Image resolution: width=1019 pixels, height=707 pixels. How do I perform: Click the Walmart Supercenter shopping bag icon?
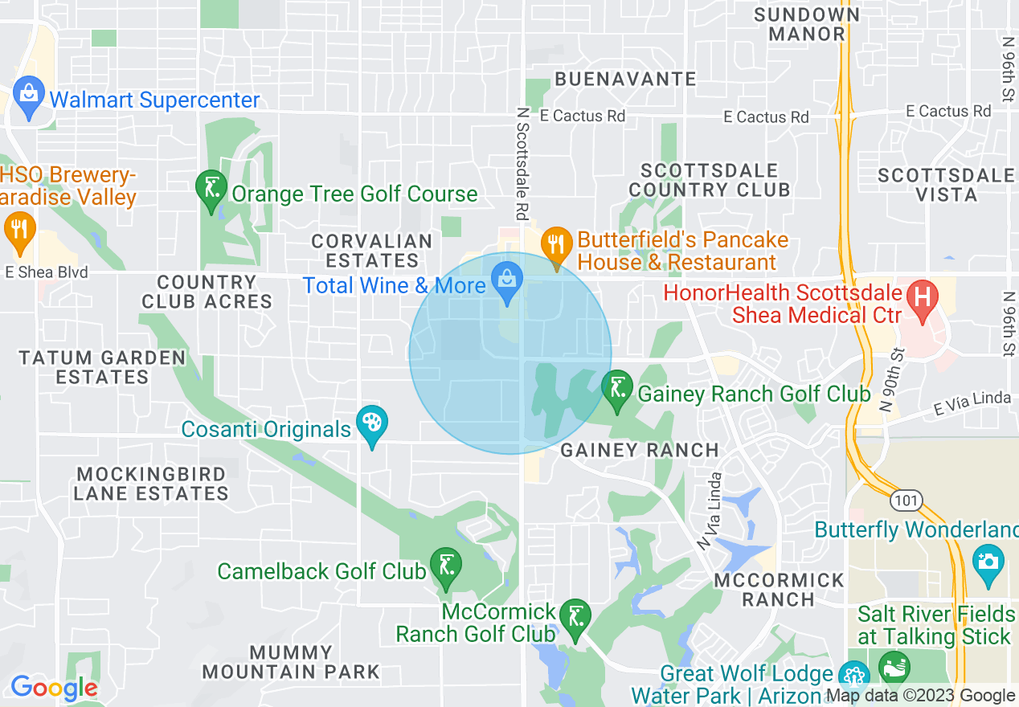click(28, 96)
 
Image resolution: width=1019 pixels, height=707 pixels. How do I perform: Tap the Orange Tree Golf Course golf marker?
click(211, 190)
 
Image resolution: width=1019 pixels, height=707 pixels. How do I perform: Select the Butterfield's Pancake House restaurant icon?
click(555, 243)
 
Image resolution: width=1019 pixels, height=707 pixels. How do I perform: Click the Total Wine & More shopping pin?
click(507, 281)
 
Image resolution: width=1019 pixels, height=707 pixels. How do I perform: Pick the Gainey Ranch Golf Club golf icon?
click(617, 390)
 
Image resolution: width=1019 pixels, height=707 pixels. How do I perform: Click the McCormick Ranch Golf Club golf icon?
click(575, 618)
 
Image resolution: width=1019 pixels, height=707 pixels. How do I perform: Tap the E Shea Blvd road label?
click(47, 272)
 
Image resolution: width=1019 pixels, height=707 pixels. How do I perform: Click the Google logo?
click(54, 688)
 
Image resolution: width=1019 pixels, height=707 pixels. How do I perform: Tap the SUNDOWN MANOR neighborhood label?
click(807, 24)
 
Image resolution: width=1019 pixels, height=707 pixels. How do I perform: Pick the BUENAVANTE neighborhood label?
click(625, 79)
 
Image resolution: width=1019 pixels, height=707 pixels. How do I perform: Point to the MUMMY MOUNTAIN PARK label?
click(291, 661)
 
